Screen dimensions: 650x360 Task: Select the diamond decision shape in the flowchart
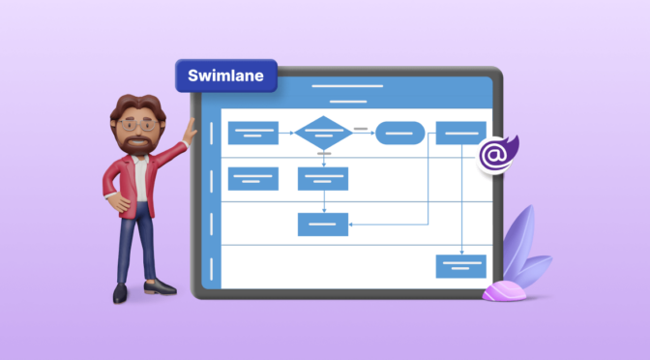(323, 132)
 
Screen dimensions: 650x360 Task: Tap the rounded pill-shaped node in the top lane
(400, 133)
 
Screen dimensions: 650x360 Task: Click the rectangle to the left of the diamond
(252, 133)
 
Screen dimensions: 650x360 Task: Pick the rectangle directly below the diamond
(323, 178)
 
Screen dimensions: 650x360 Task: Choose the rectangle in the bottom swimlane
(460, 265)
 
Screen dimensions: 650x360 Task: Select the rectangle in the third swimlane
(323, 225)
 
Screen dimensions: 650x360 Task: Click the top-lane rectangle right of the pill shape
(460, 133)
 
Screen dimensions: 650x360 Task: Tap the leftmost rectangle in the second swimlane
(252, 178)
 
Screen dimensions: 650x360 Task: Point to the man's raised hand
(191, 127)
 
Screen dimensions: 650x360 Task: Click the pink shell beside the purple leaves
(504, 290)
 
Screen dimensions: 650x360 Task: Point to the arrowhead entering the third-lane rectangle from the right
(352, 225)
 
